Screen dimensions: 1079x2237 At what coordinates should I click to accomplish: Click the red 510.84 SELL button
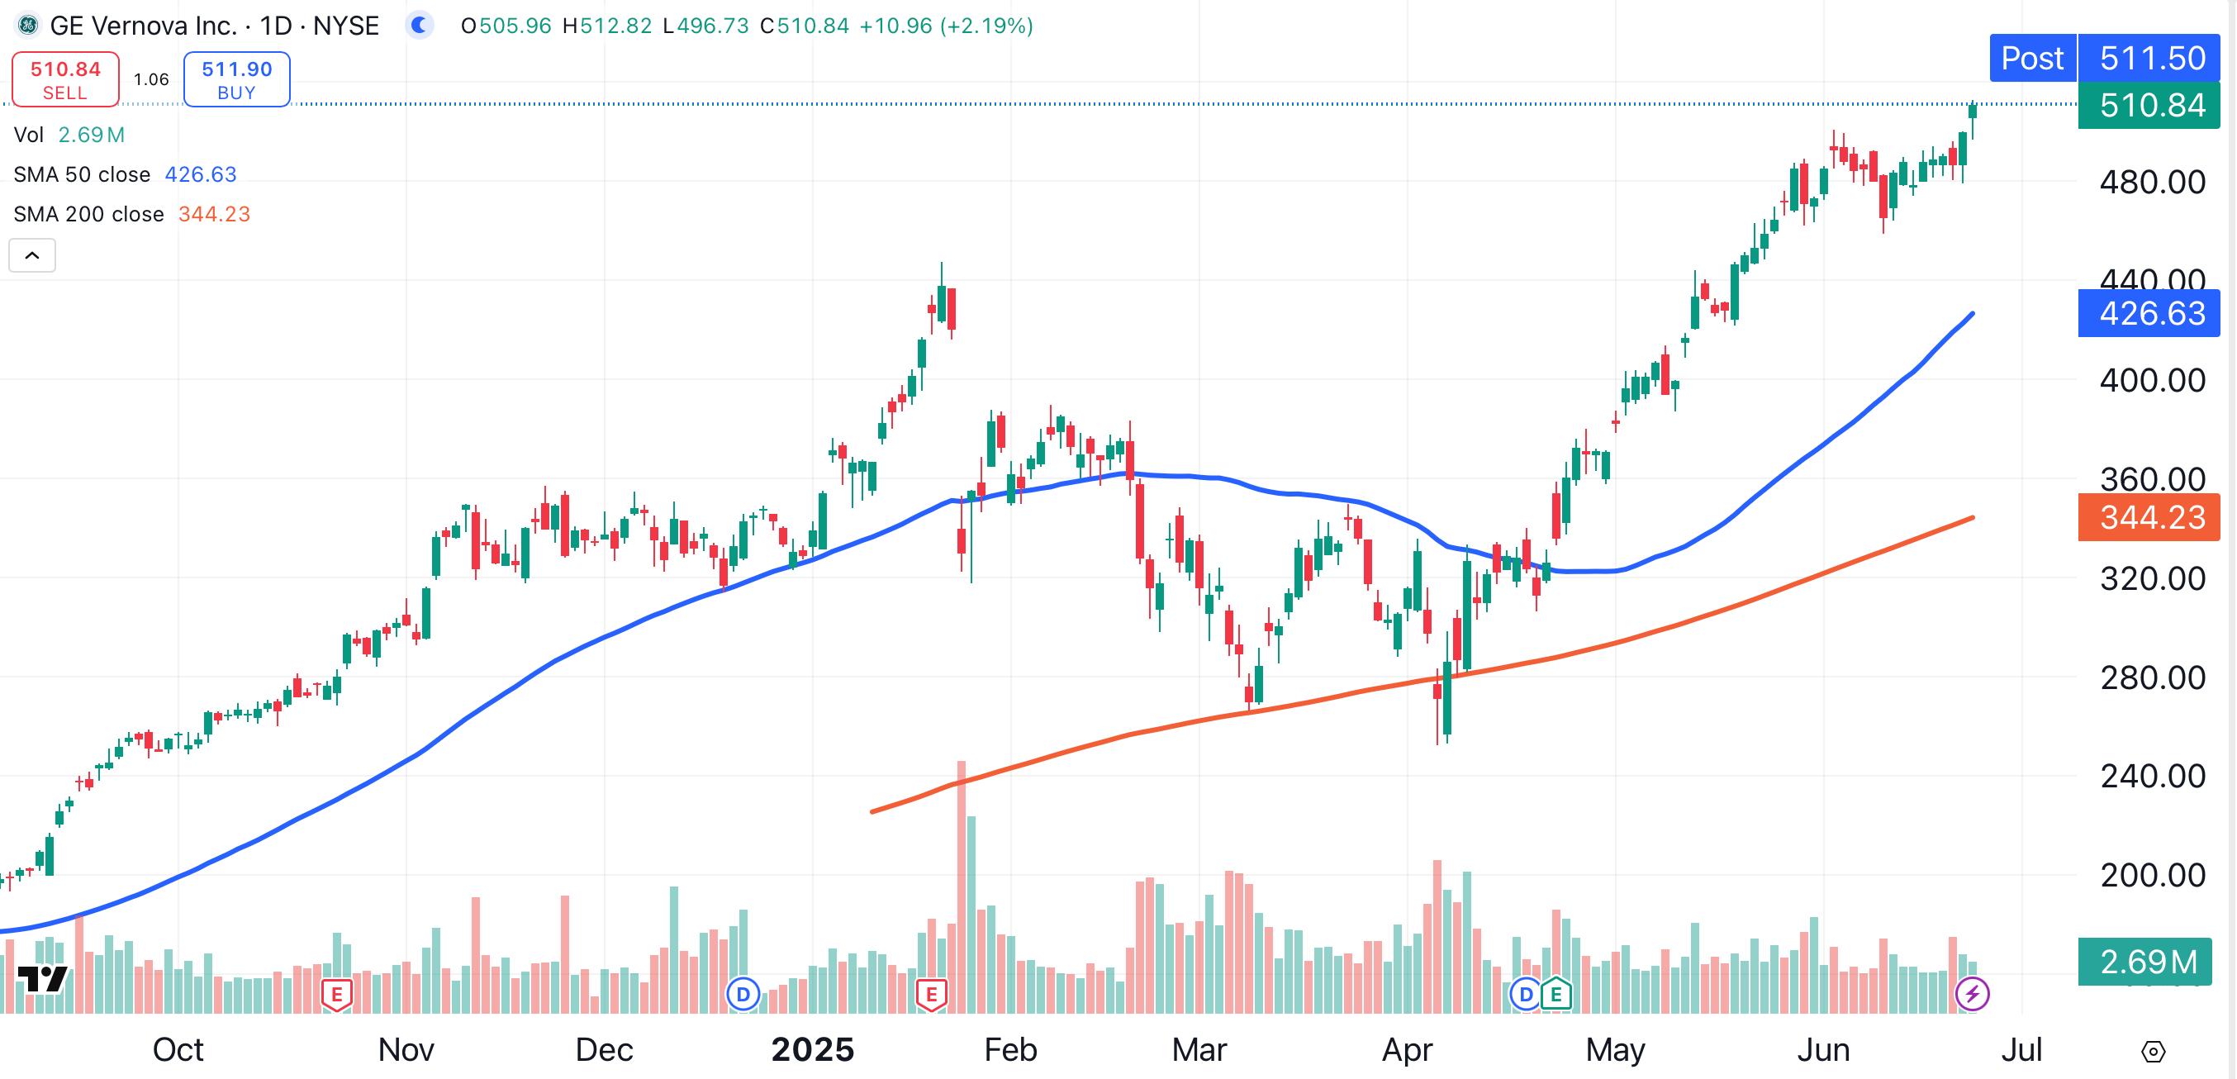[65, 79]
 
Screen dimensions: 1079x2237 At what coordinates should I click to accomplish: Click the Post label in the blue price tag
[2032, 58]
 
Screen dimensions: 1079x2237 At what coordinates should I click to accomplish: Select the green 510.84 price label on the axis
[2150, 105]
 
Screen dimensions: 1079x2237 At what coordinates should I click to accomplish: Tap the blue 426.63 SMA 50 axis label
[2150, 313]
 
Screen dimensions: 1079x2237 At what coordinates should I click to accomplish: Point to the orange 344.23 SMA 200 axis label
[2150, 517]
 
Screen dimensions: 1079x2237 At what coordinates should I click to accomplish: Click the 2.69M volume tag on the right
[2146, 962]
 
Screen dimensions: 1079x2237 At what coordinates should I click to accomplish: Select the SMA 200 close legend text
[88, 214]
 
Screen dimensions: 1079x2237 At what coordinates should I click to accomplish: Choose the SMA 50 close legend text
[82, 174]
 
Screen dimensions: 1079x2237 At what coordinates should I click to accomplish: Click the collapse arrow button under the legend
[32, 255]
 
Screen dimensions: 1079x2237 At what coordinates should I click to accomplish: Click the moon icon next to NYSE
[420, 25]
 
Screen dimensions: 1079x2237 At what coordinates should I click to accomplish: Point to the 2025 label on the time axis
[812, 1049]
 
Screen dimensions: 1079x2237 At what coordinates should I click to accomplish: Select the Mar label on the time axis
[1199, 1049]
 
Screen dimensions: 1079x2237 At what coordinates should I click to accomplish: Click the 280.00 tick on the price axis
[2152, 677]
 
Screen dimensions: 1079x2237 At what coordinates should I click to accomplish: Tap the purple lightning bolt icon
[1972, 993]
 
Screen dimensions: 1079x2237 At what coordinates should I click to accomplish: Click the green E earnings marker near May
[1556, 993]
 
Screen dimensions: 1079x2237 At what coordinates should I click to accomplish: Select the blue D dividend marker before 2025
[743, 993]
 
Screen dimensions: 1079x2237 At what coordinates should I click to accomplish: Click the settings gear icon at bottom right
[2153, 1052]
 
